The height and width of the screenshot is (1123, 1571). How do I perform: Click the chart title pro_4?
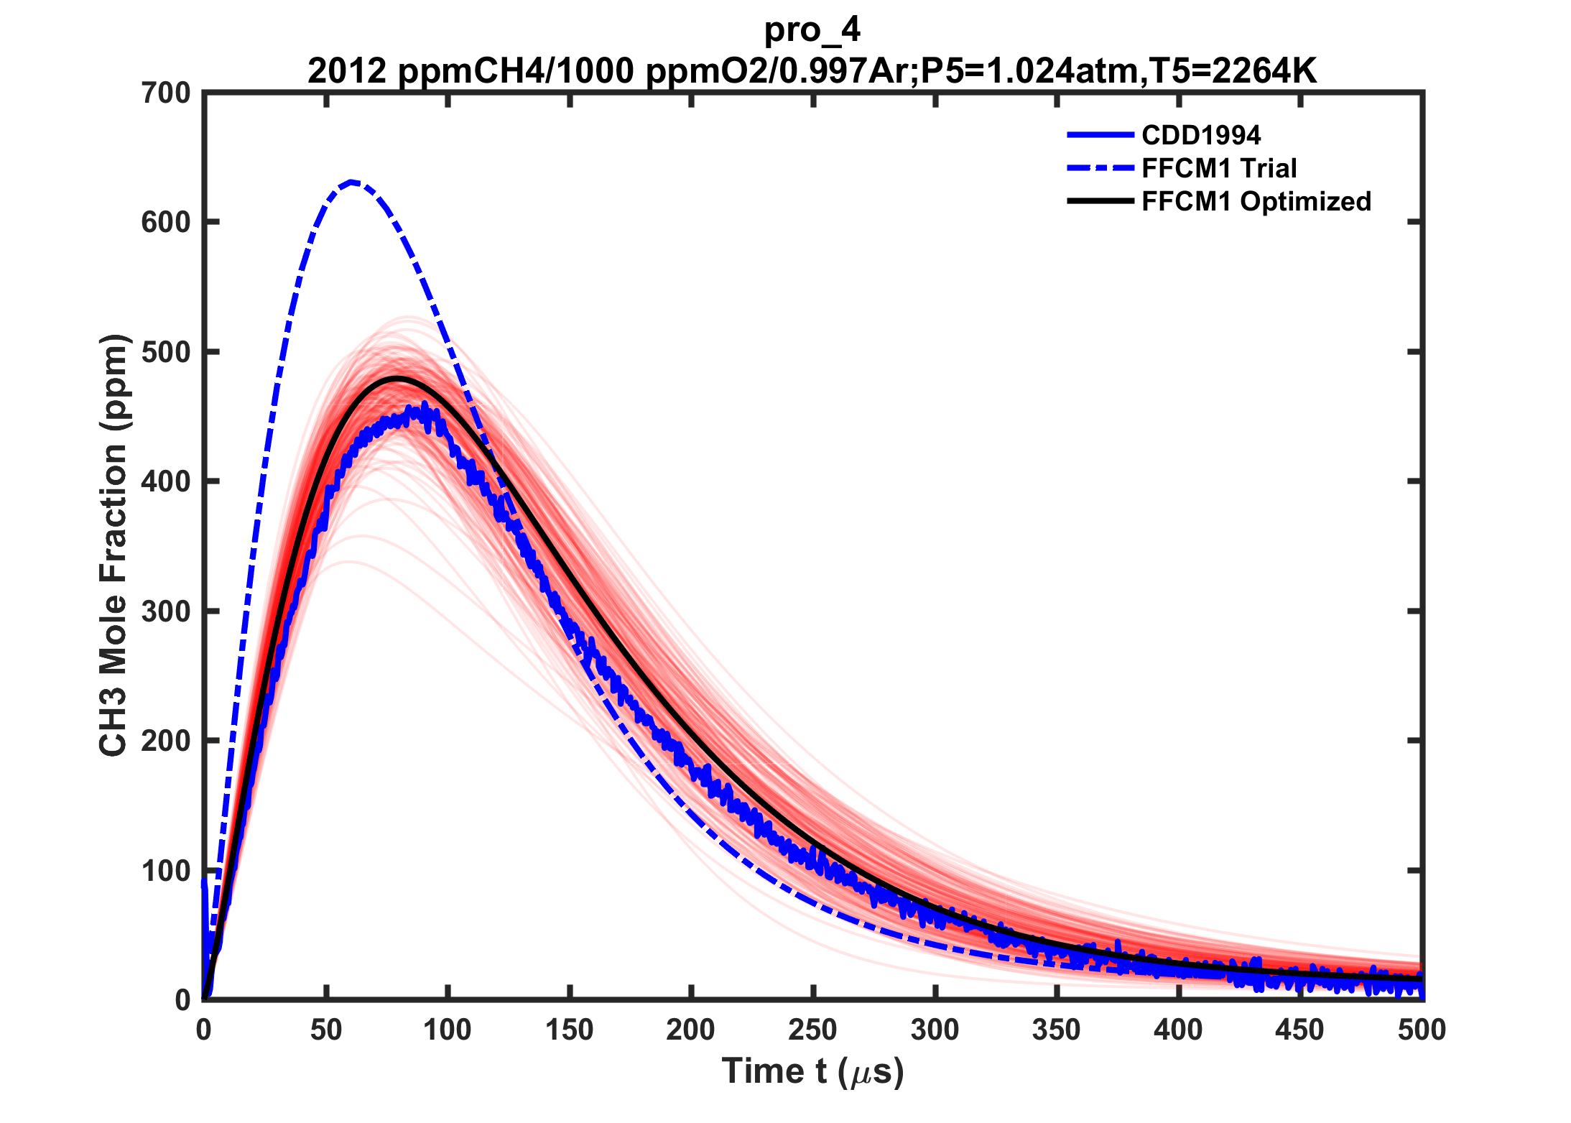[812, 30]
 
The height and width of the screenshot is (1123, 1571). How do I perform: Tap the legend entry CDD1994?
[1201, 135]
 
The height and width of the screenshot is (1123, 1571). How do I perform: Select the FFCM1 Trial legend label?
[1219, 168]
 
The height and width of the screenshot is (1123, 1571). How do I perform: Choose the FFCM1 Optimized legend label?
[1256, 201]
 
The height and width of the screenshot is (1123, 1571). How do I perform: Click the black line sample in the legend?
[1100, 201]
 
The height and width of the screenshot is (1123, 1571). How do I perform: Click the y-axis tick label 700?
[166, 93]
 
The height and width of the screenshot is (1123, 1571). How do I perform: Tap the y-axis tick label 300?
[166, 611]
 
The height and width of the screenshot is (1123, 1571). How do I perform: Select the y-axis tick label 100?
[166, 871]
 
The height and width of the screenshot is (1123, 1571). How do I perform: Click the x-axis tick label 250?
[812, 1031]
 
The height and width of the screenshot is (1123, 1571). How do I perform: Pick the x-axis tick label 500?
[1422, 1031]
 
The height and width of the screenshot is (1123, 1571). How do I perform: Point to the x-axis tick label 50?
[326, 1031]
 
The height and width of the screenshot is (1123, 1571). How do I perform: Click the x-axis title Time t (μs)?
[812, 1072]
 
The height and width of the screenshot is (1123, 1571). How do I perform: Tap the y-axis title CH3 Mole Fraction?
[113, 546]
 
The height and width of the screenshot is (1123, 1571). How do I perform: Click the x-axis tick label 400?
[1178, 1031]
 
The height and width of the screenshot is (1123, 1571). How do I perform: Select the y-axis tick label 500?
[166, 352]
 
